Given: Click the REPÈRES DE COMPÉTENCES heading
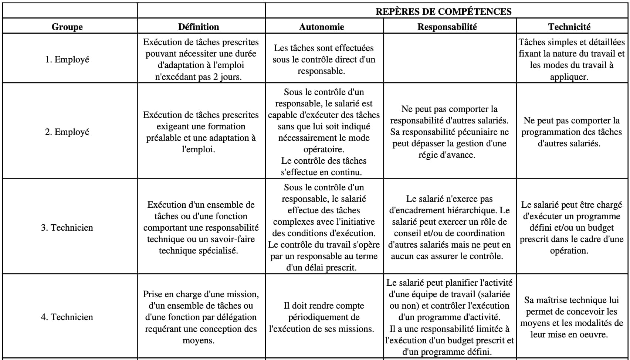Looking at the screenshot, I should [443, 11].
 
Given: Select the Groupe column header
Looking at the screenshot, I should [67, 27].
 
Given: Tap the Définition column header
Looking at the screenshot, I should [199, 27].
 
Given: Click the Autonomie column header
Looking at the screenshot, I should [321, 27].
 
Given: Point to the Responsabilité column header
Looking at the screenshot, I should [447, 27].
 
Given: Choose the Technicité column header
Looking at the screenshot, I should [569, 27].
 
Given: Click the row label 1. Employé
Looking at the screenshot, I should [67, 59].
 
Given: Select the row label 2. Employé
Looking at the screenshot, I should [67, 132].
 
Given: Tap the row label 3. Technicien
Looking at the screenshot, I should [67, 227].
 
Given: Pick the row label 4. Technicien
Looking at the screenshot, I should [67, 317].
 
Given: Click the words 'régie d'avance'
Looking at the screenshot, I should [447, 155].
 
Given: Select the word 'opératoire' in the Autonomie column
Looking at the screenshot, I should [324, 149].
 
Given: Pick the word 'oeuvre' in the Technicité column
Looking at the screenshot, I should [593, 334].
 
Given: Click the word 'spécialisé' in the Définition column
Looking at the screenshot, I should [217, 251].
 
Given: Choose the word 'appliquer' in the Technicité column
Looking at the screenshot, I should [569, 77].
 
